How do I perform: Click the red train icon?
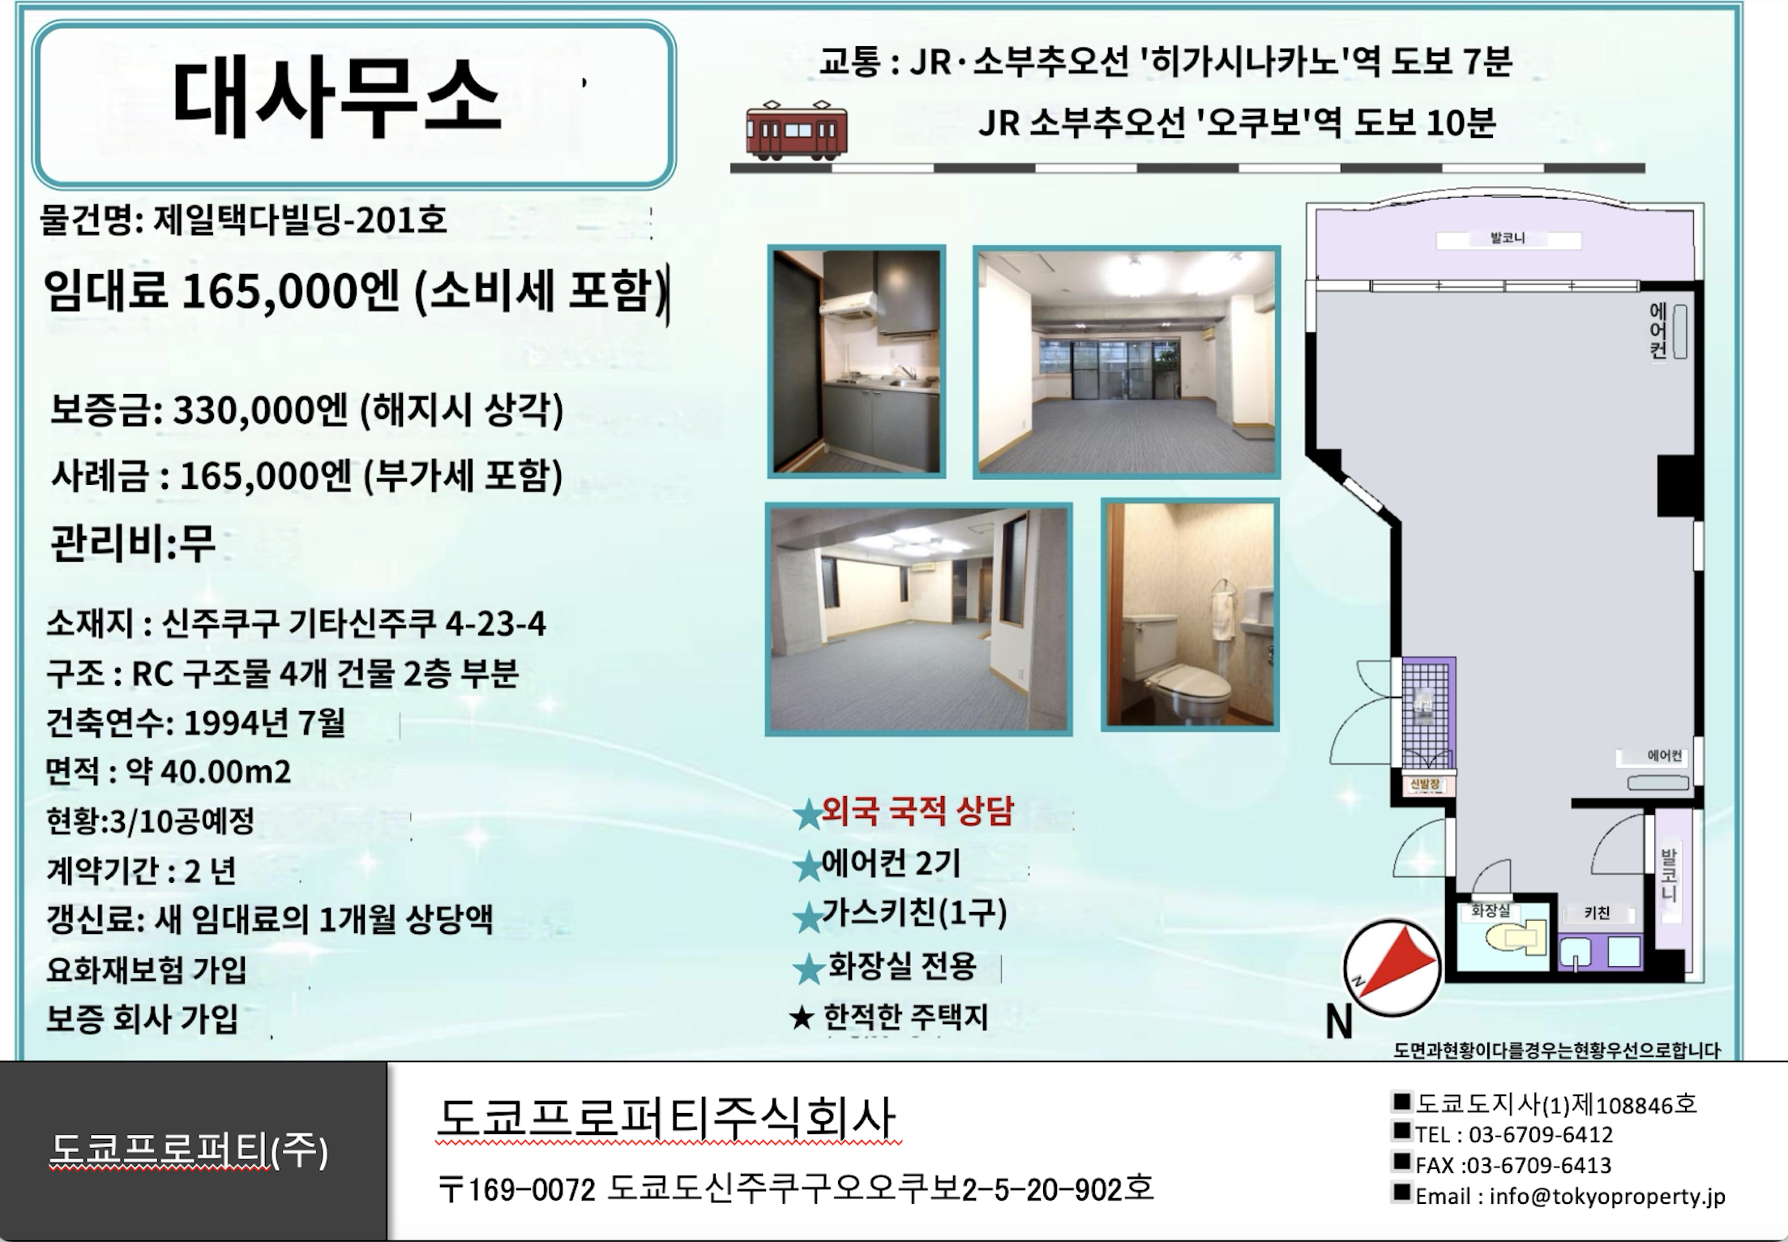tap(797, 128)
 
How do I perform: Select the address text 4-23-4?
tap(495, 623)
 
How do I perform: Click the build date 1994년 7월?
tap(265, 722)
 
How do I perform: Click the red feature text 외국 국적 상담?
tap(918, 811)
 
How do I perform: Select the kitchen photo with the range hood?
tap(857, 362)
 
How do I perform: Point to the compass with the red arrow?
tap(1392, 967)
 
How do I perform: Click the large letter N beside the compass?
tap(1339, 1021)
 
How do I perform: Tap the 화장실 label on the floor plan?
tap(1491, 911)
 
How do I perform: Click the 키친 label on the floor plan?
tap(1597, 914)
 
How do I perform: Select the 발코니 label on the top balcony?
tap(1508, 238)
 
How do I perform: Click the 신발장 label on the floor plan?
tap(1424, 785)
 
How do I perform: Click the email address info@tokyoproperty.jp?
tap(1607, 1197)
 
